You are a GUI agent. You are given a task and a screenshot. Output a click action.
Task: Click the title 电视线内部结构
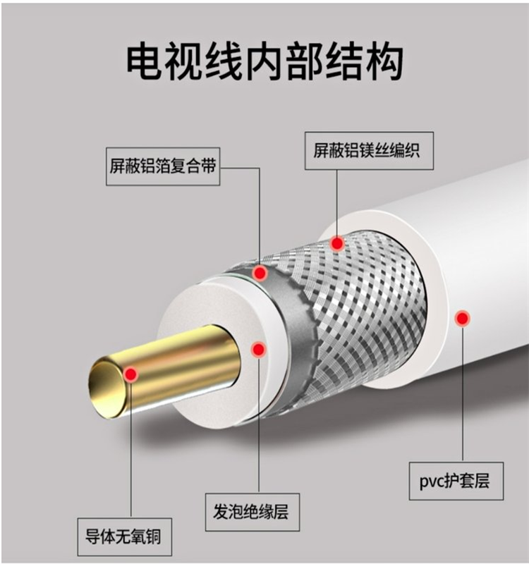point(264,61)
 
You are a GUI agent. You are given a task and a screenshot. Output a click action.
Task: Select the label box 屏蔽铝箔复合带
point(163,166)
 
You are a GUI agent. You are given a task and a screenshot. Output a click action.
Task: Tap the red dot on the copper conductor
point(130,374)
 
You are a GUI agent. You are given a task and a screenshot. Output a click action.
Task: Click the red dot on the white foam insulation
point(258,349)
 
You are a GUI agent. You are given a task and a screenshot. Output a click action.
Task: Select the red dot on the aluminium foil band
point(260,273)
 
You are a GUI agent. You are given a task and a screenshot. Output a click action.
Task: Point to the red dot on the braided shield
point(337,244)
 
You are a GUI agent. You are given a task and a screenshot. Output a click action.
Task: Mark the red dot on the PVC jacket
point(462,319)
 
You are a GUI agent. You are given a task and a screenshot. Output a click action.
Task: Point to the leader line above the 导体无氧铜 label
point(130,451)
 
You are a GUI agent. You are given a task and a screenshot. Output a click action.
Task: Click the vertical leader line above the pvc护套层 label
point(463,395)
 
